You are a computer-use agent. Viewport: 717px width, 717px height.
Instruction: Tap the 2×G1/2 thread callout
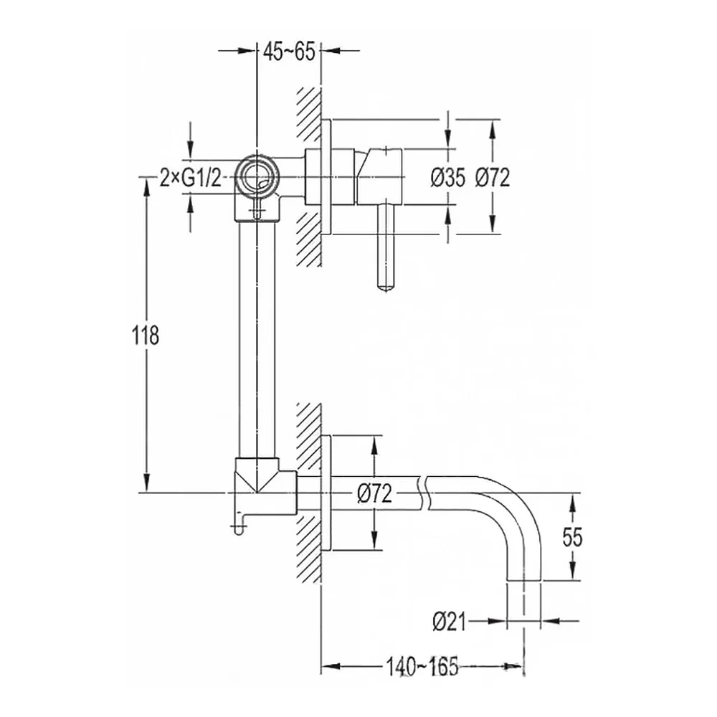click(x=190, y=178)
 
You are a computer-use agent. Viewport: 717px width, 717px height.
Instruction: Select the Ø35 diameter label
click(x=448, y=177)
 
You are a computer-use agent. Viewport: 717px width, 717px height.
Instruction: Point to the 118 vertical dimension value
click(x=146, y=335)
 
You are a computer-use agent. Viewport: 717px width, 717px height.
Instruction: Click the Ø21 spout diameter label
click(x=450, y=622)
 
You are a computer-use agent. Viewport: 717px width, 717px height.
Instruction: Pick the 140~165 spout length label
click(x=422, y=666)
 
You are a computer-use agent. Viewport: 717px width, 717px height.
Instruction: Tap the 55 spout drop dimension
click(x=572, y=537)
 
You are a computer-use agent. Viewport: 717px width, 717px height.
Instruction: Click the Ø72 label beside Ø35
click(x=492, y=177)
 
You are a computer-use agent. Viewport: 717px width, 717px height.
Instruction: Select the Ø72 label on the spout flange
click(x=375, y=494)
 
